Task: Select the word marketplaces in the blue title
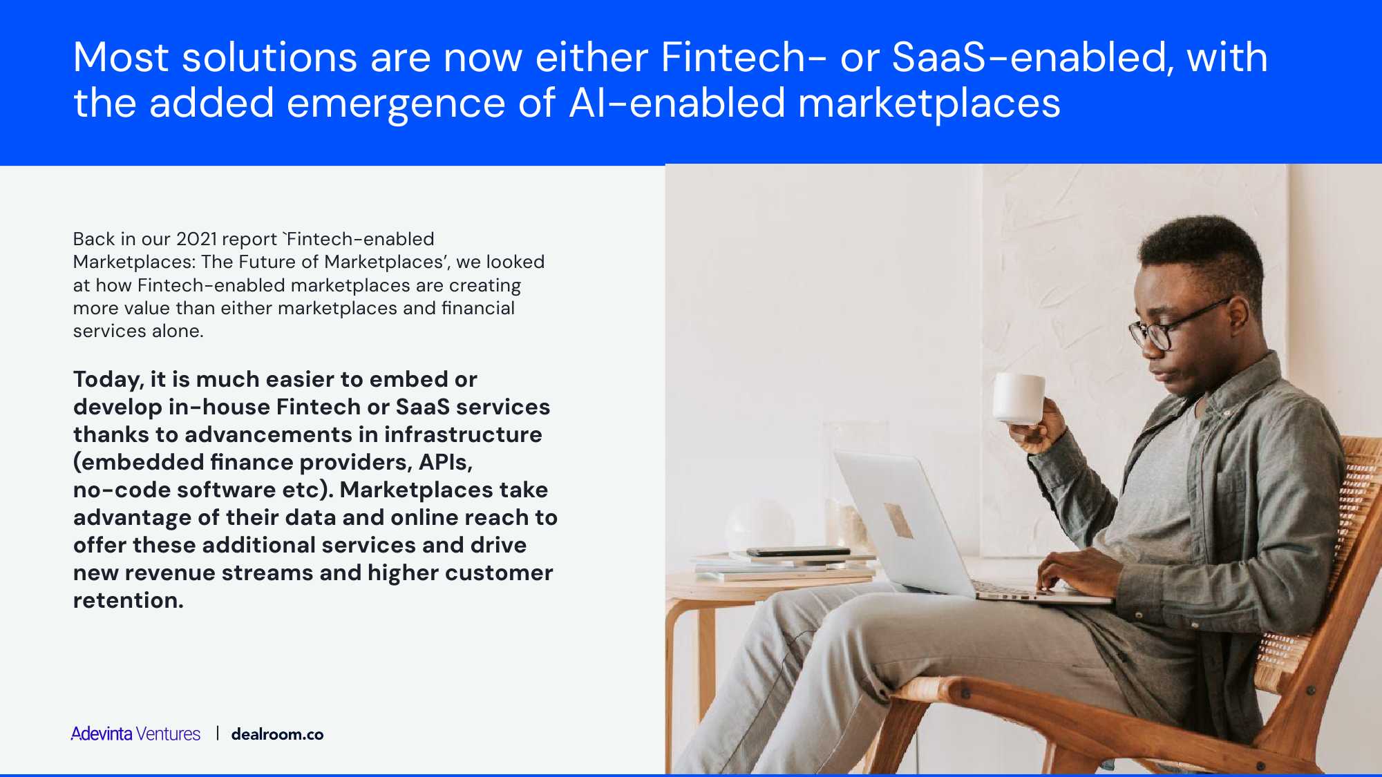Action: pos(929,104)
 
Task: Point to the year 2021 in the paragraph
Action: pos(197,239)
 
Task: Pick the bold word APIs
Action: pos(445,462)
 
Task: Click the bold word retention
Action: pos(129,600)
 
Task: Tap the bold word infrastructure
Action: pos(463,434)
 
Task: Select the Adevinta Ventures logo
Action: pos(135,733)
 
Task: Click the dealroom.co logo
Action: pos(277,734)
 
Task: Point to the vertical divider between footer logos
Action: pos(217,733)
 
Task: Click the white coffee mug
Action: pos(1018,399)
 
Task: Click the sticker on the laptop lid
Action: pos(898,519)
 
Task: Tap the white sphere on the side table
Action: pos(759,525)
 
